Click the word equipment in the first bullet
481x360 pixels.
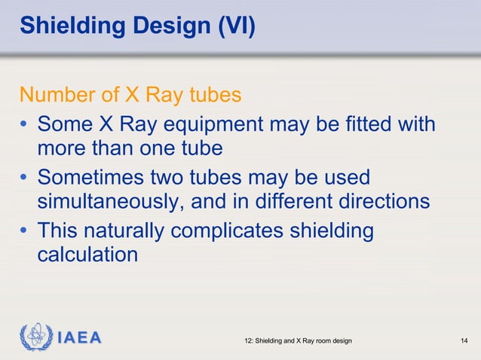pos(211,123)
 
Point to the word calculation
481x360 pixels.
pos(87,255)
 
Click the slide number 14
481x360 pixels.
pos(464,342)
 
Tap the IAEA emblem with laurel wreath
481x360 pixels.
pos(35,337)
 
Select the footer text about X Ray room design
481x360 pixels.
pos(299,342)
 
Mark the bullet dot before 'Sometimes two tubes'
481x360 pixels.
pos(25,178)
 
